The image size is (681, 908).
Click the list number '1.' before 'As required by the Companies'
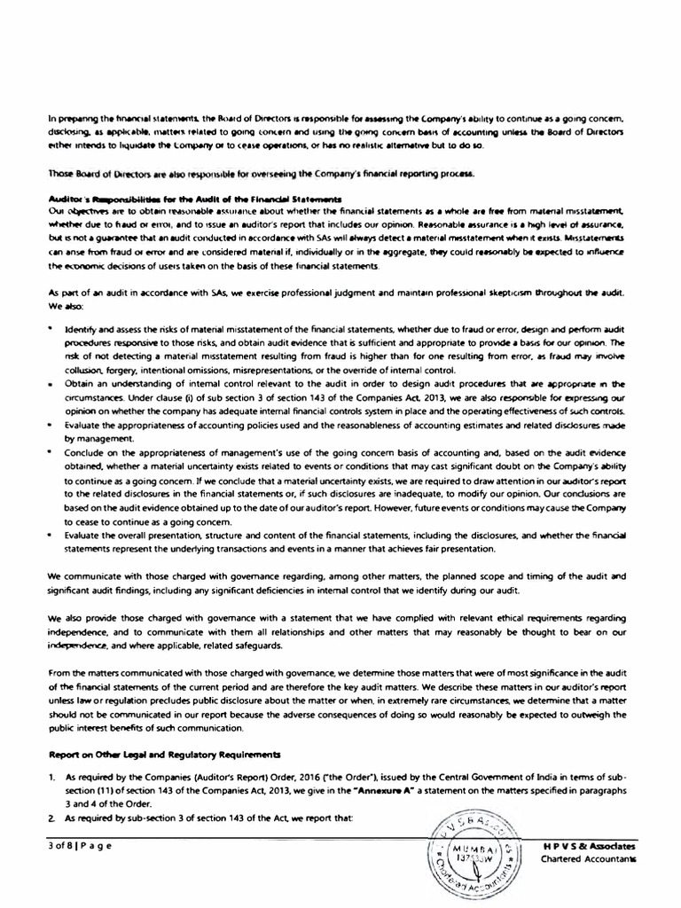click(x=52, y=774)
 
